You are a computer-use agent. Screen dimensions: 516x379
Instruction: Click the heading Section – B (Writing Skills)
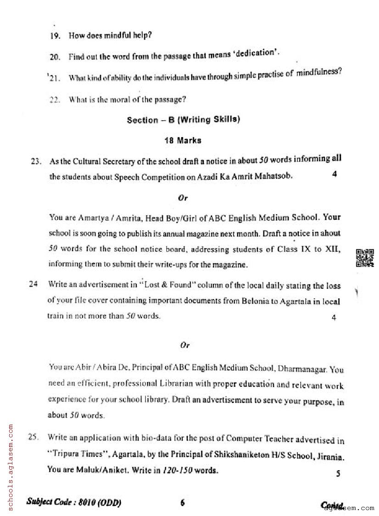(x=183, y=120)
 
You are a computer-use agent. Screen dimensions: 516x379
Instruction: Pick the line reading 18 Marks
(x=183, y=141)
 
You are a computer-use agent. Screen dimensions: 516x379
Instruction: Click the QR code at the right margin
(x=365, y=257)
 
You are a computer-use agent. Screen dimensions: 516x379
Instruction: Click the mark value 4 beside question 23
(x=334, y=174)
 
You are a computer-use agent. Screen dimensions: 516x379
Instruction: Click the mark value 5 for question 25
(x=338, y=474)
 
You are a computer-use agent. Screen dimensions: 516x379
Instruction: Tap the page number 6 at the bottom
(x=183, y=503)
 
